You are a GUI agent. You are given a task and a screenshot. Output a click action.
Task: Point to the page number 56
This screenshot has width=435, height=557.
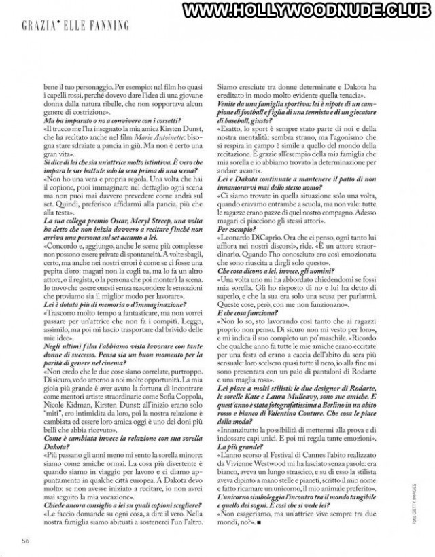tap(24, 540)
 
